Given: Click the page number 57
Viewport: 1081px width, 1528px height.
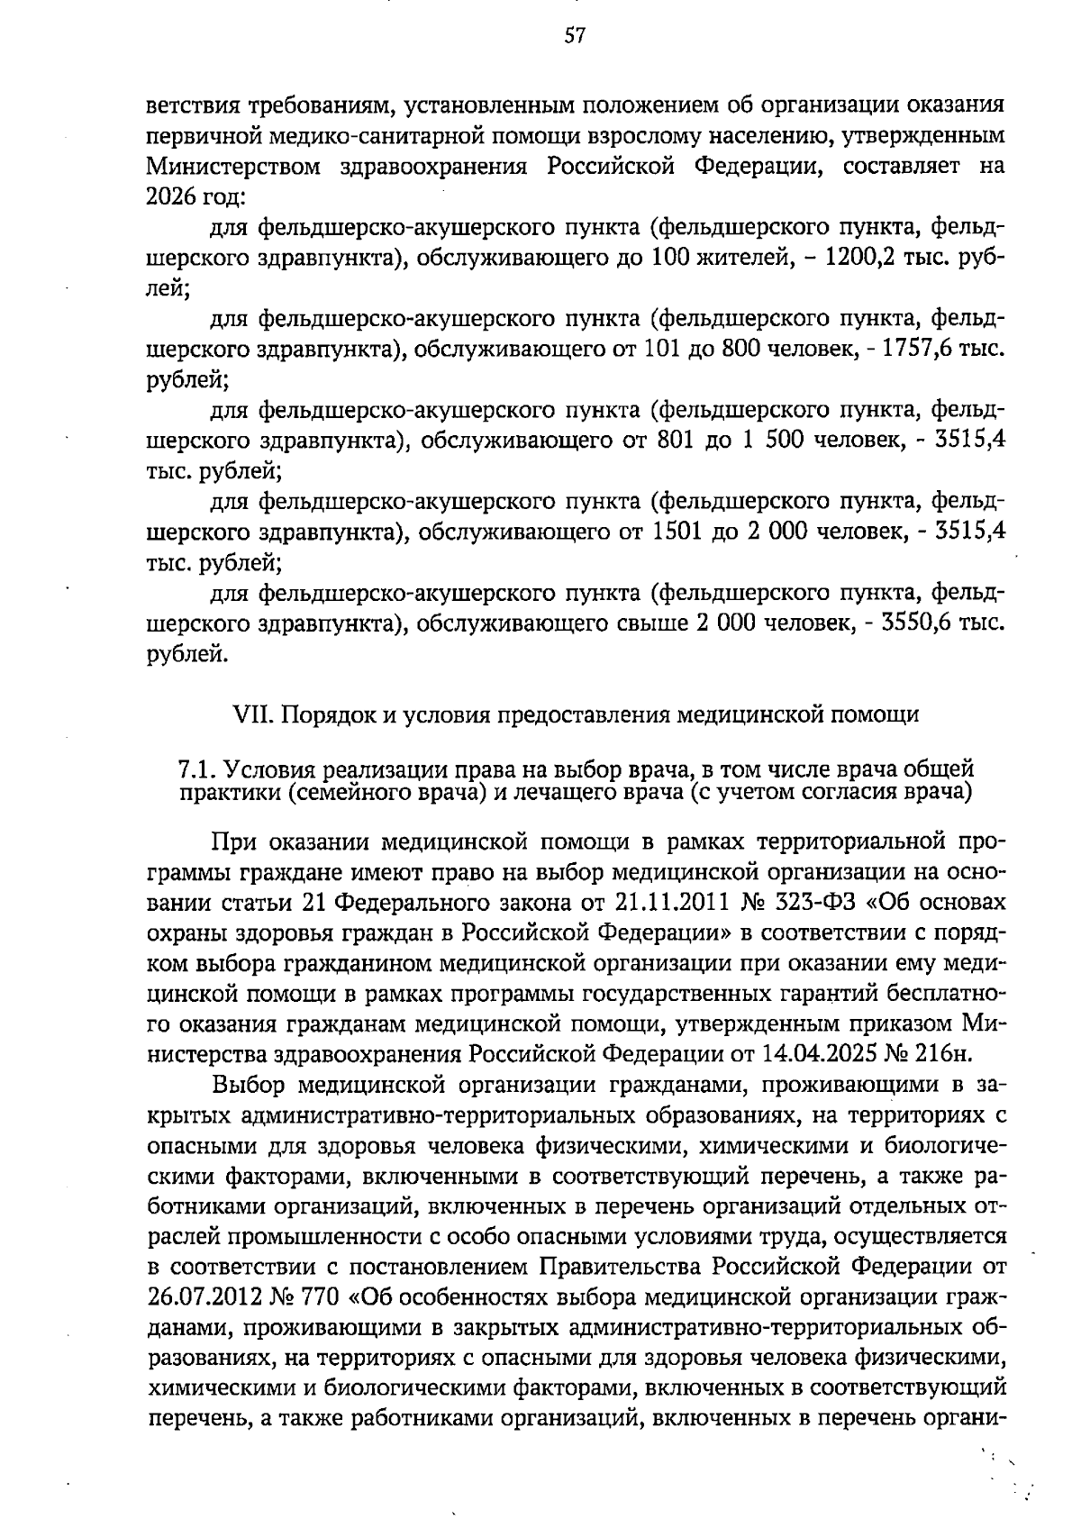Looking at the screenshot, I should pyautogui.click(x=575, y=36).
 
